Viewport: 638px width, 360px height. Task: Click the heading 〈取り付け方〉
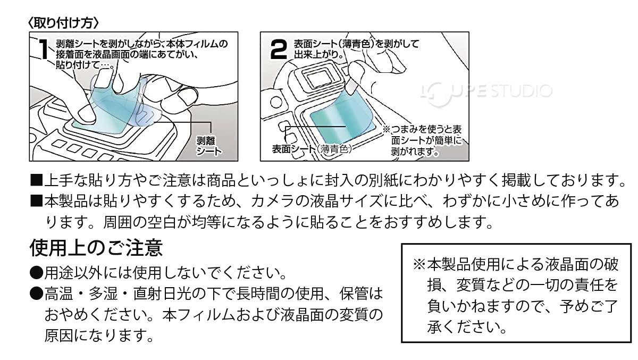pos(63,23)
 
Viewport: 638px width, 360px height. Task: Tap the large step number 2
pos(279,50)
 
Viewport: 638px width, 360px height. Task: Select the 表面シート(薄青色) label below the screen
pos(312,149)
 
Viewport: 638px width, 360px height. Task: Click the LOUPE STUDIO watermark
pos(486,91)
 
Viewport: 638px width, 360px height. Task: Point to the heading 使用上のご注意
pos(96,247)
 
